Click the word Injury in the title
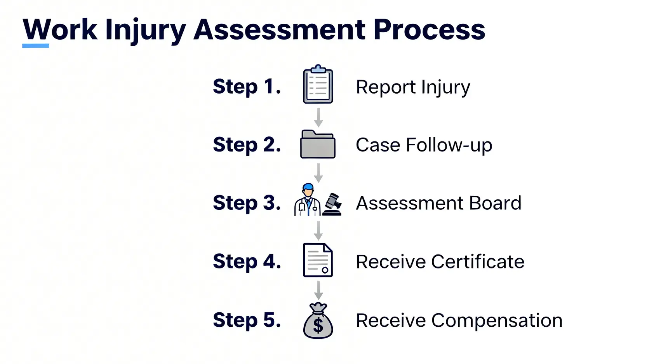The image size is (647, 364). tap(145, 30)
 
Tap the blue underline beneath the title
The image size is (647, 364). tap(35, 46)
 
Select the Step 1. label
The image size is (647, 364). tap(247, 86)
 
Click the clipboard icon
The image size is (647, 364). tap(318, 85)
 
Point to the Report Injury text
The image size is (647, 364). tap(413, 87)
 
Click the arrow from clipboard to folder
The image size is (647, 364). tap(318, 117)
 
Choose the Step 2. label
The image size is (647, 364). tap(247, 145)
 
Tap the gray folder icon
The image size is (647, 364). tap(318, 145)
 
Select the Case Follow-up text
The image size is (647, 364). tap(424, 145)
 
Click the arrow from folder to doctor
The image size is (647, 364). tap(318, 173)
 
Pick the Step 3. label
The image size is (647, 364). tap(247, 203)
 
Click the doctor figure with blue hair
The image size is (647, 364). tap(308, 200)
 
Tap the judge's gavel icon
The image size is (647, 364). tap(332, 204)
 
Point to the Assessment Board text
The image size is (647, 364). tap(438, 203)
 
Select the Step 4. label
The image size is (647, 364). tap(247, 261)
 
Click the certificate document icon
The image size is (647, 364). tap(318, 260)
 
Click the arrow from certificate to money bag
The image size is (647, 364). tap(318, 290)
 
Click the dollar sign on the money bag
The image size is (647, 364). tap(318, 325)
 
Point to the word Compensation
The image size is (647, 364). tap(497, 320)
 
